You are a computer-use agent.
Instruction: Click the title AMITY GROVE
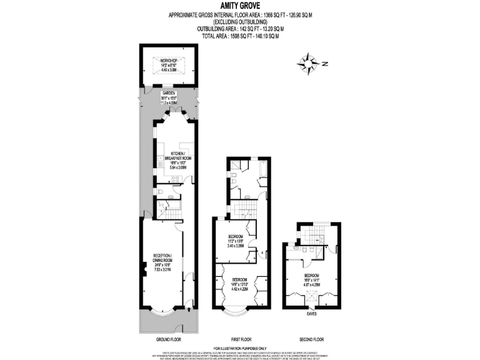[240, 6]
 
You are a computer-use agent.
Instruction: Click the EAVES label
[311, 313]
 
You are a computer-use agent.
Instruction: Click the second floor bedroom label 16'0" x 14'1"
[311, 279]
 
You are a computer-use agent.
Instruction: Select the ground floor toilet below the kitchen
[161, 192]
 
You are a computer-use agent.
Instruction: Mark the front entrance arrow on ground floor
[187, 305]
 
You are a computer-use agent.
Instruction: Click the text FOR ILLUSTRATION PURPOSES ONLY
[240, 347]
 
